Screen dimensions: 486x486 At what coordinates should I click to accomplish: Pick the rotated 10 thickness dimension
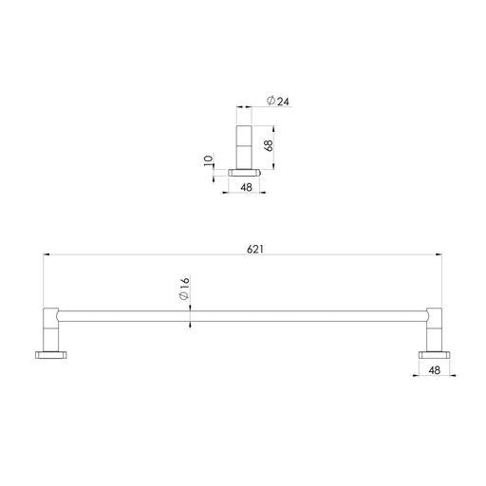coord(210,162)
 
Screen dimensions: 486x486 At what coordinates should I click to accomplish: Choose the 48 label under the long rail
coord(434,371)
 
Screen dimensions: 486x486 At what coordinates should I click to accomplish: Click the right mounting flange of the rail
coord(434,355)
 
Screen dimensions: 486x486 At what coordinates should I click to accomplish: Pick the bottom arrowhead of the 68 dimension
coord(274,167)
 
